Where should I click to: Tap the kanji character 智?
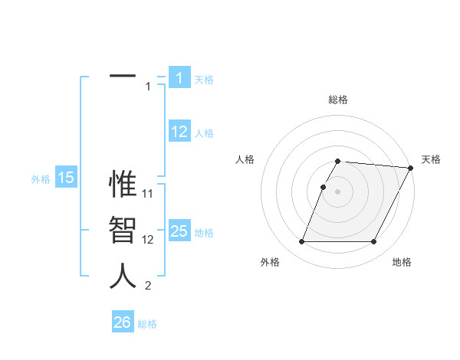123,230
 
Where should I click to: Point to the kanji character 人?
123,276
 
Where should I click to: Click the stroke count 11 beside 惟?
149,193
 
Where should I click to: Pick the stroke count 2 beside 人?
148,286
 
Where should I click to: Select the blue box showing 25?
179,231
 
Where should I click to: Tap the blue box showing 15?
66,178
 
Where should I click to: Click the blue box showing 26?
123,322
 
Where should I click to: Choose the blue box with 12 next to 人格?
179,132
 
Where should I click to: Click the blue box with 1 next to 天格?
179,77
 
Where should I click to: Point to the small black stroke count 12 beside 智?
149,239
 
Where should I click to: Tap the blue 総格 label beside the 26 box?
147,324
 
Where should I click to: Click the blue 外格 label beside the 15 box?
41,179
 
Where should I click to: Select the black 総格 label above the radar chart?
338,100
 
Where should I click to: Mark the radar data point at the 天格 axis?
411,168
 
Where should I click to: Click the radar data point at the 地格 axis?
374,242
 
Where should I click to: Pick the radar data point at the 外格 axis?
301,242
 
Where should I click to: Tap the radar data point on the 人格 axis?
324,187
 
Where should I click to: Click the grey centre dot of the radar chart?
338,191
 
